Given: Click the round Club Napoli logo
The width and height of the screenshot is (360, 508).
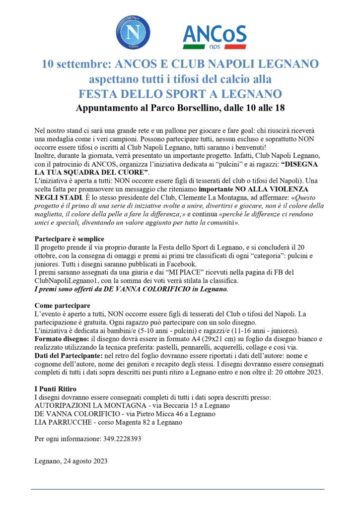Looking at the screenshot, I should [x=133, y=33].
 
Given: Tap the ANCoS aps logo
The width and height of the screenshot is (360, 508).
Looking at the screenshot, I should [x=214, y=36].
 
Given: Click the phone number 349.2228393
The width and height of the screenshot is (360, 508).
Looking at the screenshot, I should [x=123, y=439].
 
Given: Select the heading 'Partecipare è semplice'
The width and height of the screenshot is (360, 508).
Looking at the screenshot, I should [x=72, y=239].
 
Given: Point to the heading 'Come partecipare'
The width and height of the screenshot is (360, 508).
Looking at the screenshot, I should [x=63, y=305].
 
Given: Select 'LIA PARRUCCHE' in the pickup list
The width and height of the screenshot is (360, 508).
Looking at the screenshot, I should [x=60, y=422].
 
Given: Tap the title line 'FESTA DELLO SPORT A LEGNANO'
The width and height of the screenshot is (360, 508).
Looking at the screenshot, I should [x=180, y=94].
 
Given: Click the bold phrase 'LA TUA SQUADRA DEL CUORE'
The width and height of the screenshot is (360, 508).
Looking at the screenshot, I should [x=91, y=171].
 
